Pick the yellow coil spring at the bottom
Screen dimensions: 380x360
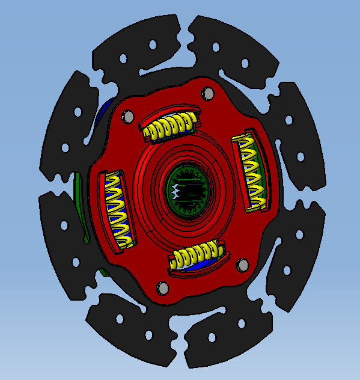coord(195,256)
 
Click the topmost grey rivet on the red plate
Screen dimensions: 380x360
coord(207,94)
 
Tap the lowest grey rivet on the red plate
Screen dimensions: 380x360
coord(162,289)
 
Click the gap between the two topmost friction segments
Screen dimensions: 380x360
coord(187,36)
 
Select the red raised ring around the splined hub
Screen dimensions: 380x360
coord(153,180)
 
